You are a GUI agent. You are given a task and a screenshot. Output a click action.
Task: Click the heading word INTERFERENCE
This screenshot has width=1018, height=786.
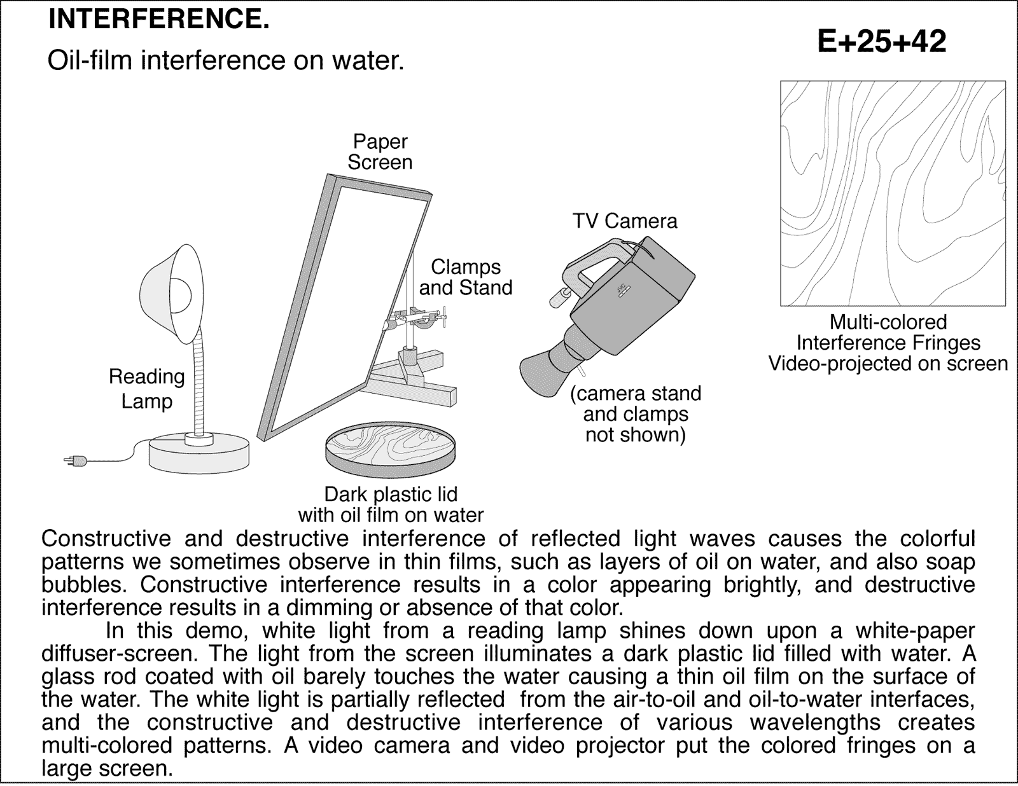click(158, 20)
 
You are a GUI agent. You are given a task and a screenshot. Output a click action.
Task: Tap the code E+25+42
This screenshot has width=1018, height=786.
click(881, 42)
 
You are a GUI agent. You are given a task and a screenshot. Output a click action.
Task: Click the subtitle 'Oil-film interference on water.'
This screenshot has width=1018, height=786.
click(226, 61)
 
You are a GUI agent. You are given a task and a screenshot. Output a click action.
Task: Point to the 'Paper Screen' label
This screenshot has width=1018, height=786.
click(380, 152)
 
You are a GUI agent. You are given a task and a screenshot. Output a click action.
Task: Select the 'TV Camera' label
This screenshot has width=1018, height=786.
click(624, 221)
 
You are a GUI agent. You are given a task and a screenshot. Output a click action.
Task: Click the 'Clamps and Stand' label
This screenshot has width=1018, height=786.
click(465, 277)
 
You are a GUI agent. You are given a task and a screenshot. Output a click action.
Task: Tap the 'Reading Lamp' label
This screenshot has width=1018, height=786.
click(146, 389)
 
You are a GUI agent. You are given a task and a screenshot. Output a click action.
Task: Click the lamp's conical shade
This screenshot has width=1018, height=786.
click(172, 293)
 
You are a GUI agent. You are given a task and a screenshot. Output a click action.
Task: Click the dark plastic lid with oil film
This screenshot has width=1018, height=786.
click(390, 448)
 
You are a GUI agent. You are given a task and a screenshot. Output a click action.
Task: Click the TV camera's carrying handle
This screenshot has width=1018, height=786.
click(592, 267)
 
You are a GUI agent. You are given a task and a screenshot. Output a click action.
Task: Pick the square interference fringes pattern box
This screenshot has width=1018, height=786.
click(893, 193)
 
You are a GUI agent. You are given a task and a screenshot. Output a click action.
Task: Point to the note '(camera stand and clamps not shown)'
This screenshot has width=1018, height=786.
click(635, 414)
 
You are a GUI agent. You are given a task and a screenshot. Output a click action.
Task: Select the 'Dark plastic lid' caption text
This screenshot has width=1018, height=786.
click(391, 494)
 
